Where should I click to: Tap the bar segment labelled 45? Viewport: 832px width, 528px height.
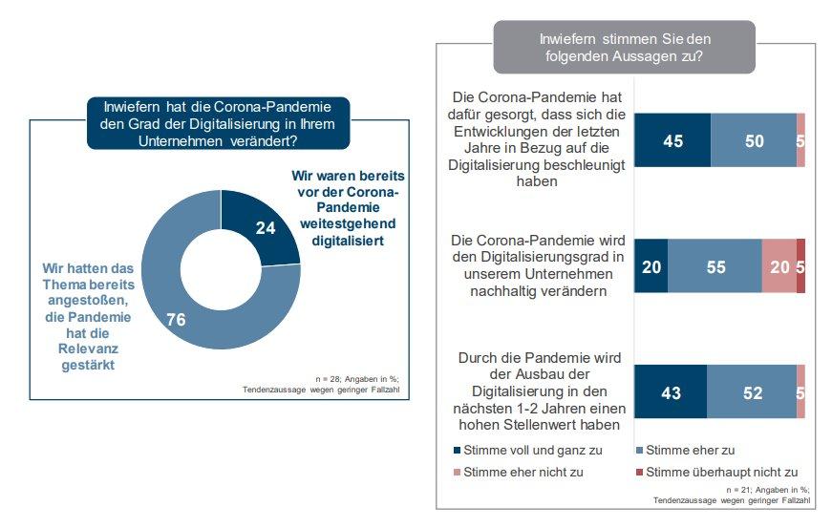click(672, 140)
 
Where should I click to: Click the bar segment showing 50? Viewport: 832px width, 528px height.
click(754, 140)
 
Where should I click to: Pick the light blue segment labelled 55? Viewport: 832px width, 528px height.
click(715, 266)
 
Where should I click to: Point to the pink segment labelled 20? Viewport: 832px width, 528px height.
click(779, 266)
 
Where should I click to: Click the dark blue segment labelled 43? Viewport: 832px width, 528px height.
click(671, 391)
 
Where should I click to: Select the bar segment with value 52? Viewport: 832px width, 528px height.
click(752, 391)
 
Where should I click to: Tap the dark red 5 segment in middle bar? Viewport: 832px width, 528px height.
click(800, 266)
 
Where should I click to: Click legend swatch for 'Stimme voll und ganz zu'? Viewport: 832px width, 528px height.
click(458, 450)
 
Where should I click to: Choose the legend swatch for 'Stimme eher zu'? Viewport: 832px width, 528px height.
click(639, 450)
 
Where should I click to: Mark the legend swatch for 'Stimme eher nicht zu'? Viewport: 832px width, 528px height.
click(458, 472)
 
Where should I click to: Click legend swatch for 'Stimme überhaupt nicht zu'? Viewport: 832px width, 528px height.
click(639, 472)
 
